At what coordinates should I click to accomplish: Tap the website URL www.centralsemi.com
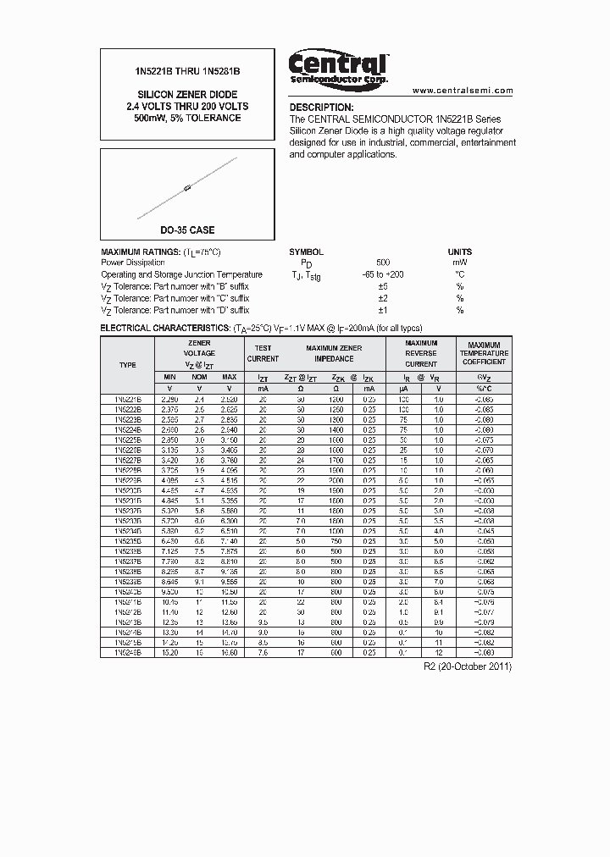(x=463, y=90)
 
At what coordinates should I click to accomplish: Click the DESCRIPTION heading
(x=321, y=108)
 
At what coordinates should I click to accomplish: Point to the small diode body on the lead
(x=187, y=187)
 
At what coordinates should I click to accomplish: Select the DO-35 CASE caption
(x=187, y=230)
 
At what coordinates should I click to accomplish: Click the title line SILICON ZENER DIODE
(x=187, y=94)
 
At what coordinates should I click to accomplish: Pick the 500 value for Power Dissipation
(x=383, y=263)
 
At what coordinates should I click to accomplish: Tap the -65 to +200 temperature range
(x=382, y=274)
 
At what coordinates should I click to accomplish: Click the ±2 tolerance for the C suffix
(x=382, y=298)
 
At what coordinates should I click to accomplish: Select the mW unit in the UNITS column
(x=459, y=263)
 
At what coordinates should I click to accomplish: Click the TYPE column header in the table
(x=127, y=364)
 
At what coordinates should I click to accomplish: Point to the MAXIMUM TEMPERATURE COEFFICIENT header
(x=485, y=353)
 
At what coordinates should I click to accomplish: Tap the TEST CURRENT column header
(x=263, y=353)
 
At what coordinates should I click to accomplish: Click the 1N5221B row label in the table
(x=127, y=398)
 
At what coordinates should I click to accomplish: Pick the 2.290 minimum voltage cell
(x=170, y=398)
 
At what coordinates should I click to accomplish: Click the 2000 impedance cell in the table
(x=336, y=479)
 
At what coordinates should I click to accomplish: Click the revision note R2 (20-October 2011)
(x=467, y=666)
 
